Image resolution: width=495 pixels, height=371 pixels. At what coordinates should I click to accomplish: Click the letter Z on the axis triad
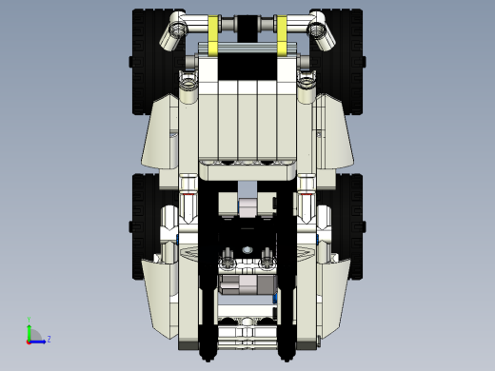click(49, 339)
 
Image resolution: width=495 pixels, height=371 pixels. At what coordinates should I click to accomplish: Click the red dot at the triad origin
click(29, 340)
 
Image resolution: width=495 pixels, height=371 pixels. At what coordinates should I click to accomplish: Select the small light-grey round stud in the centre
click(247, 250)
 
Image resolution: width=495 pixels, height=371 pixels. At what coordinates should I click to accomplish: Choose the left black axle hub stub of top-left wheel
click(129, 63)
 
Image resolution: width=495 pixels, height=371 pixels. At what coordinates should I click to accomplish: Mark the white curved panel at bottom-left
click(162, 290)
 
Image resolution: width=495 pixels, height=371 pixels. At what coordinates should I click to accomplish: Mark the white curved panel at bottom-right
click(333, 290)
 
